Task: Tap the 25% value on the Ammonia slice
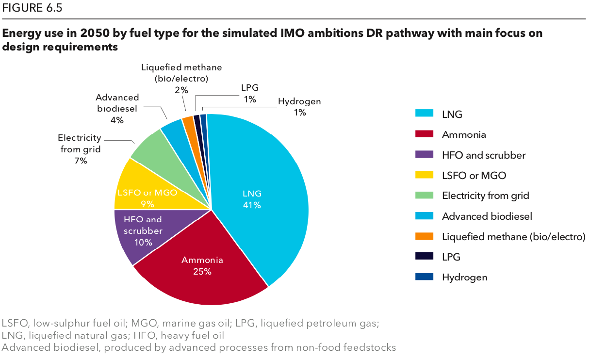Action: click(202, 272)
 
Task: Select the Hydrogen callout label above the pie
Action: click(299, 101)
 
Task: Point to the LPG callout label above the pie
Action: click(250, 88)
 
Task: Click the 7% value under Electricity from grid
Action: click(81, 161)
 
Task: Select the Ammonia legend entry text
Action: click(464, 135)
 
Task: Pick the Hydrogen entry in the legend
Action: click(464, 278)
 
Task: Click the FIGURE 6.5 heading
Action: click(32, 8)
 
